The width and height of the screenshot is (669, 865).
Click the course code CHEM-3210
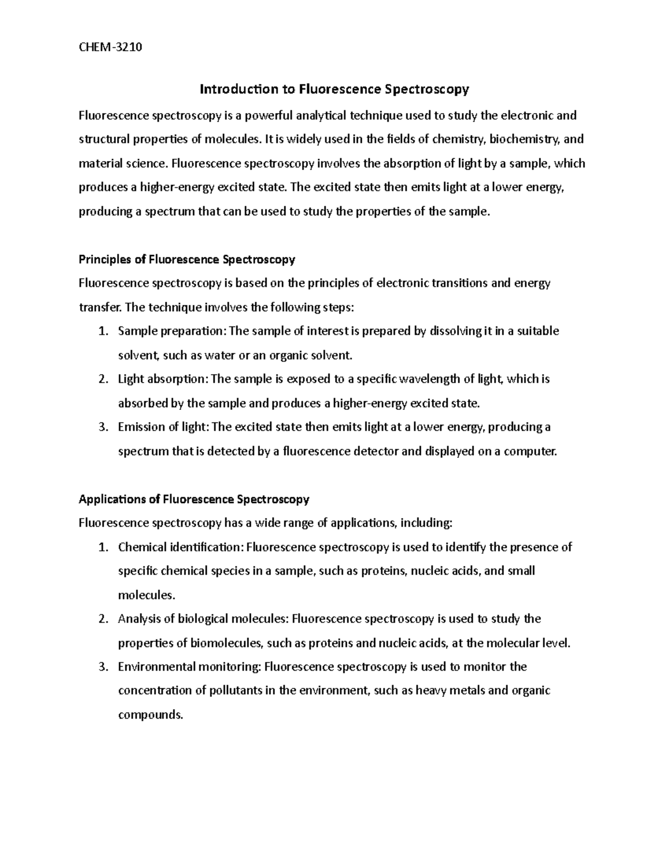(110, 47)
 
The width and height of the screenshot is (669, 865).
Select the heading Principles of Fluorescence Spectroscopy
(187, 260)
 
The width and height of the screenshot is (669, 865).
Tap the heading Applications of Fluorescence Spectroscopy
(193, 499)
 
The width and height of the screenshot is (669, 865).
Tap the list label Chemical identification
(180, 547)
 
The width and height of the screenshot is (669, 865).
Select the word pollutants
(236, 691)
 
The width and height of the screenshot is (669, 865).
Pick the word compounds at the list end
(150, 715)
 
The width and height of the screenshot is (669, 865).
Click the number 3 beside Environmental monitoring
(102, 667)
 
